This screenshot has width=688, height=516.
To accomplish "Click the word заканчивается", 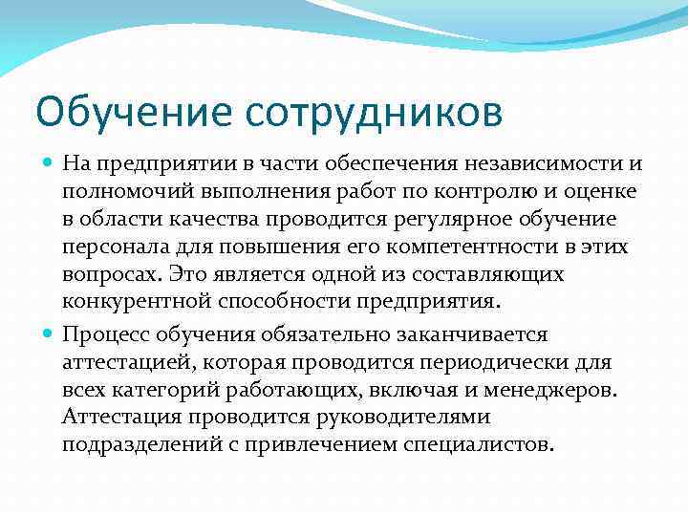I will point(482,334).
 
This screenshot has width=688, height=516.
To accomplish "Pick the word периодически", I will point(507,362).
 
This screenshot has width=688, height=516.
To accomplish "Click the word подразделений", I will point(138,445).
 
